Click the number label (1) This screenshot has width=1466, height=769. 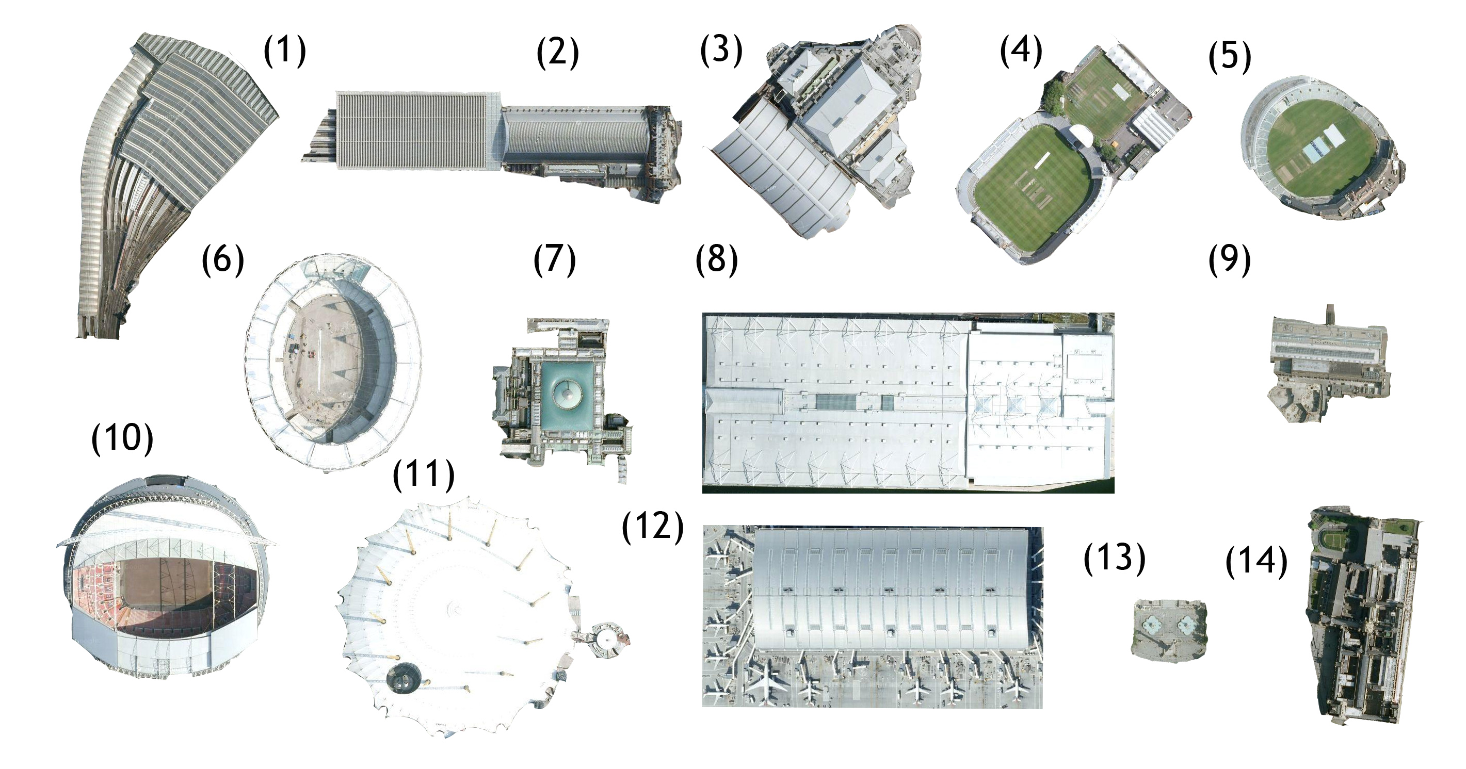[x=284, y=51]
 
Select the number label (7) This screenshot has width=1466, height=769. [x=554, y=260]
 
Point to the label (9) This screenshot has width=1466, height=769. [x=1229, y=260]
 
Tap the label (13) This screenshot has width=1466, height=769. [x=1114, y=558]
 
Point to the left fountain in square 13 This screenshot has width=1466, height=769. [x=1151, y=626]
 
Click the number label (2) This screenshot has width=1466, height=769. [x=557, y=52]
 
